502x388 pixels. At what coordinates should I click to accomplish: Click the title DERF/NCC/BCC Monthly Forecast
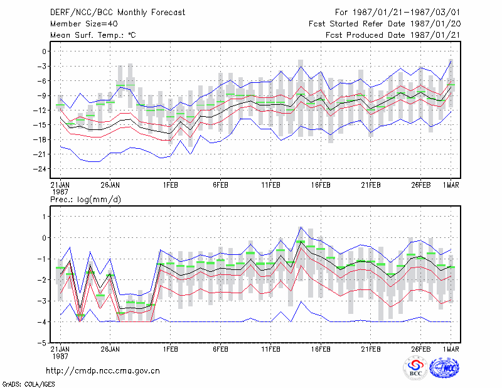[x=117, y=13]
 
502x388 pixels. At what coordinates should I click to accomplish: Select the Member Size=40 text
[x=84, y=24]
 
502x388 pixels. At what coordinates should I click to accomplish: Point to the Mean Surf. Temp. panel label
[x=93, y=35]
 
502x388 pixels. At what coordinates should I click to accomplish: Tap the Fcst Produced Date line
[x=393, y=35]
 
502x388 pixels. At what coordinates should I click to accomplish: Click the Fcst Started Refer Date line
[x=385, y=24]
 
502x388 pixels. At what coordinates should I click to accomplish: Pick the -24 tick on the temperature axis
[x=40, y=169]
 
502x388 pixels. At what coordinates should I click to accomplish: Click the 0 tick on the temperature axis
[x=44, y=51]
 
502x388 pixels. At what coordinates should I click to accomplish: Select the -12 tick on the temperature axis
[x=40, y=110]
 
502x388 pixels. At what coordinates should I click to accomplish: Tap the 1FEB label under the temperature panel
[x=170, y=185]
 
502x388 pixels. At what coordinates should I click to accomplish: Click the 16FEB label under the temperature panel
[x=321, y=185]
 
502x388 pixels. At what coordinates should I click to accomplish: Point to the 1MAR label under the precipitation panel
[x=451, y=349]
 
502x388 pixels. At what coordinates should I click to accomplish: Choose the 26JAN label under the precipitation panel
[x=110, y=349]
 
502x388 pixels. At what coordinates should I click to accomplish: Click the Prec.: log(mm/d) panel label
[x=86, y=200]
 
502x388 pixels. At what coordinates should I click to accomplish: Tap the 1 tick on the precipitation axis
[x=45, y=217]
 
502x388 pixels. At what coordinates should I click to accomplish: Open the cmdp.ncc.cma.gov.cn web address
[x=103, y=371]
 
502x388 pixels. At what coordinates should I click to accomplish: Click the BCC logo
[x=415, y=368]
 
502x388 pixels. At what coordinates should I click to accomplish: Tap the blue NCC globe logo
[x=444, y=368]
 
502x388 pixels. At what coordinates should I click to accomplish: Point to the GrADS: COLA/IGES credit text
[x=28, y=384]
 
